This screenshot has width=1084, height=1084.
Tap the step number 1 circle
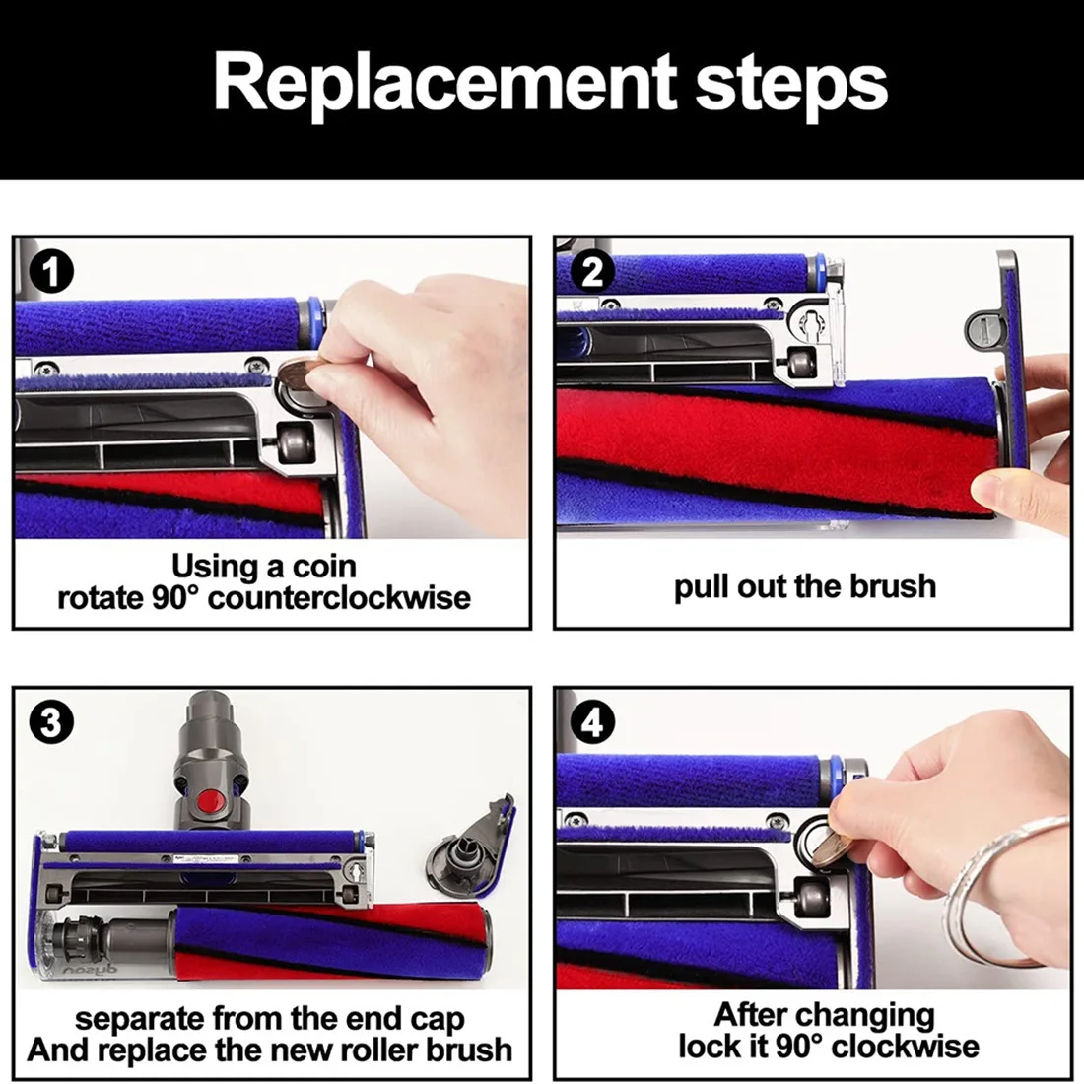point(51,272)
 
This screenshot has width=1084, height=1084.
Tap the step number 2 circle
point(592,272)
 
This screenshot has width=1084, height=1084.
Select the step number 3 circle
point(51,721)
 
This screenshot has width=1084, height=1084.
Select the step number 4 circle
point(592,721)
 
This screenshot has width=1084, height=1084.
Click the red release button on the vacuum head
point(212,802)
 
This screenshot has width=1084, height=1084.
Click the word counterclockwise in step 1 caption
point(339,598)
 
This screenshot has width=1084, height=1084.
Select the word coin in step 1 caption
point(325,567)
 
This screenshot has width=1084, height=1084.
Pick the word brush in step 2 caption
point(893,586)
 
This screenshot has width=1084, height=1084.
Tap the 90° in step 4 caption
point(798,1046)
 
